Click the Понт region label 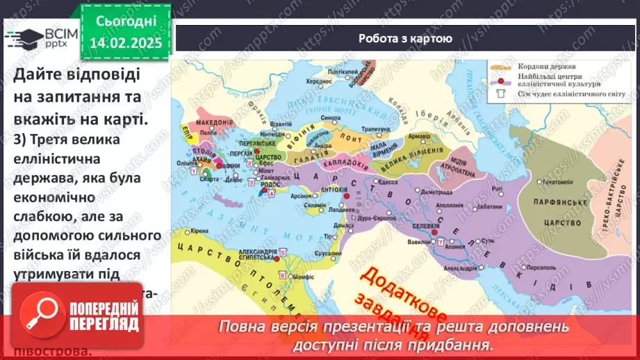pyautogui.click(x=352, y=139)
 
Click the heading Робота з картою pyautogui.click(x=405, y=39)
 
